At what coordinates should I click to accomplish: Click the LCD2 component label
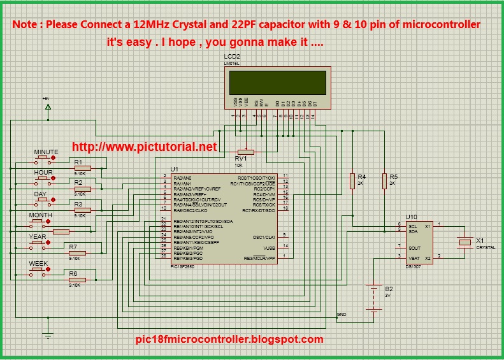point(232,57)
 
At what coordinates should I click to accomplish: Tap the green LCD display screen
point(278,82)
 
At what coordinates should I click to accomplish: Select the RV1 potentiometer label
point(241,158)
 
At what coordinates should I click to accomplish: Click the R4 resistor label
point(361,176)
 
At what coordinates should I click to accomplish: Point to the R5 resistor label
point(393,176)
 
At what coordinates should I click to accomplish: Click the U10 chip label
point(411,217)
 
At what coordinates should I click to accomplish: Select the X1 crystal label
point(480,240)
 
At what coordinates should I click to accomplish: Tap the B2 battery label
point(389,288)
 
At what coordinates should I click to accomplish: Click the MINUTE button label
point(46,152)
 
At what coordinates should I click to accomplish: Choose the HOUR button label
point(43,173)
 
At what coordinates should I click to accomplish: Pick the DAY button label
point(40,194)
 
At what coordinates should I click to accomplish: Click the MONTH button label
point(41,215)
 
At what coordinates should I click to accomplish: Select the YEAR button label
point(38,236)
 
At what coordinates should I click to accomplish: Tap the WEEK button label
point(38,263)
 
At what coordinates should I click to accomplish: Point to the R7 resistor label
point(73,247)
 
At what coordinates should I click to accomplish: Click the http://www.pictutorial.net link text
point(145,147)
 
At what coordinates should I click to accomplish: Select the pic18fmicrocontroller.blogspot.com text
point(230,340)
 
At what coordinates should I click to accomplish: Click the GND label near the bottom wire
point(341,315)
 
